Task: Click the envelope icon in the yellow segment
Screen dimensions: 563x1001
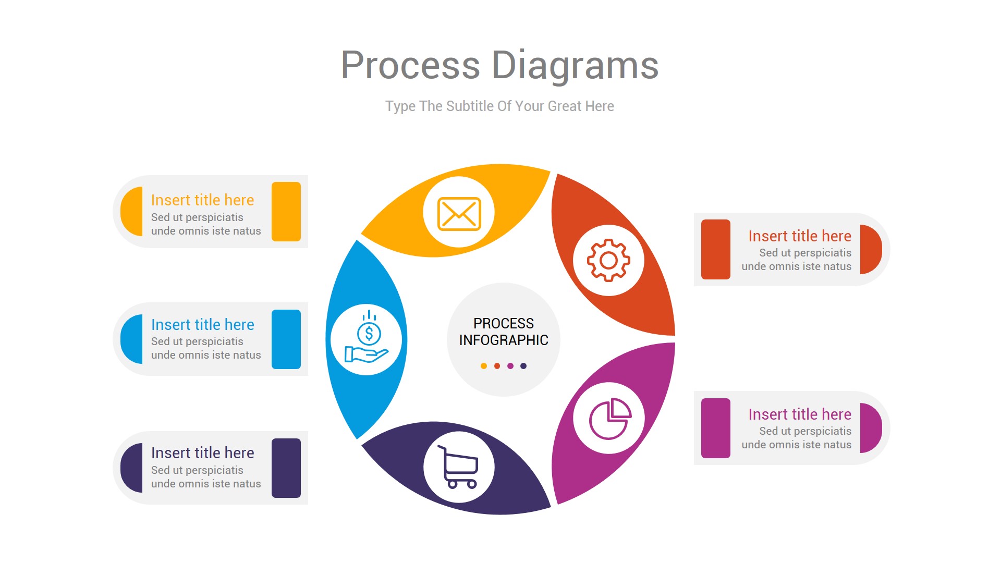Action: [459, 213]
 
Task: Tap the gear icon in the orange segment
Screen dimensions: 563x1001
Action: [608, 260]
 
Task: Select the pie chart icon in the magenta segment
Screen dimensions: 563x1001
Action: [609, 418]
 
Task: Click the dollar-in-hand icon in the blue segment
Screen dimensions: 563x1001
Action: [367, 338]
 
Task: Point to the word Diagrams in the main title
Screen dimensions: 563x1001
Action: [575, 65]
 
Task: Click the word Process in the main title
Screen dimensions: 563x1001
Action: [410, 65]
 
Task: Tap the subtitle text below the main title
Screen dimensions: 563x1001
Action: [499, 106]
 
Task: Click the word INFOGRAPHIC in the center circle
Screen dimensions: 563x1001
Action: [504, 340]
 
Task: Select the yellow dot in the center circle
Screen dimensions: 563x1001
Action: [484, 366]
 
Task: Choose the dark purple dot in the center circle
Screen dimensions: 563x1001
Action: [523, 366]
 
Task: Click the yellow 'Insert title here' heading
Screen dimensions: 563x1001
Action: [202, 200]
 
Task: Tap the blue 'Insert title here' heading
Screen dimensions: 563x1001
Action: [202, 325]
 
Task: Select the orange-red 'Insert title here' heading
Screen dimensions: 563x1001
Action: [799, 236]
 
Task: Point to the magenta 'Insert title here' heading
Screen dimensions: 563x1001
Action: [799, 414]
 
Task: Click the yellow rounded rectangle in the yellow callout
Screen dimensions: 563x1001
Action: [286, 212]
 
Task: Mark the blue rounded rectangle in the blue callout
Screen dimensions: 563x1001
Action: [286, 339]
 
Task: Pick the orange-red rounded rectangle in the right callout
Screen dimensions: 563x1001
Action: [715, 249]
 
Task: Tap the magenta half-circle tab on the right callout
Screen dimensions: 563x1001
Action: [870, 428]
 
